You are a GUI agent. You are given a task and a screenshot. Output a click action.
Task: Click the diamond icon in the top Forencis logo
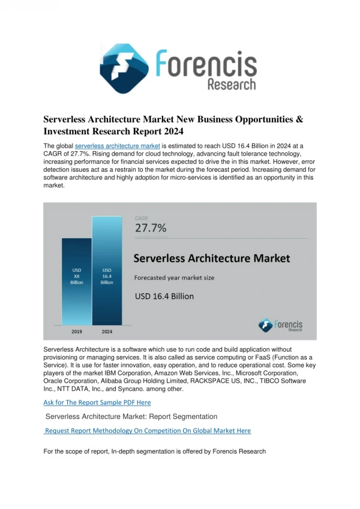coord(124,68)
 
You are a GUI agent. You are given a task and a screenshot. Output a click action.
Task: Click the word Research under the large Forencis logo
coord(232,85)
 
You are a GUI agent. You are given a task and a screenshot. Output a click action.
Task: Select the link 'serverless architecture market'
coord(118,146)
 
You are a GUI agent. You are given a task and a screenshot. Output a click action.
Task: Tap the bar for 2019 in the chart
coord(77,282)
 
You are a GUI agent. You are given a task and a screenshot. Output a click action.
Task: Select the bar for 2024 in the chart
coord(107,271)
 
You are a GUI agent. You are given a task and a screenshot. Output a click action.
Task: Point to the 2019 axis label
coord(77,331)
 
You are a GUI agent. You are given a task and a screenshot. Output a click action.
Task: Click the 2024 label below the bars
coord(107,331)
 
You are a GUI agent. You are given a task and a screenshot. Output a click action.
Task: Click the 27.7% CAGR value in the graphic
coord(151,228)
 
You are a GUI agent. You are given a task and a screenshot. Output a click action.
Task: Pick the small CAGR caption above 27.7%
coord(141,218)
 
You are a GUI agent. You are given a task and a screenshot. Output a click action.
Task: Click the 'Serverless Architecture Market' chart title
coord(212,258)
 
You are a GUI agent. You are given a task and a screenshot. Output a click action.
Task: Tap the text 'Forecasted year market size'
coord(175,278)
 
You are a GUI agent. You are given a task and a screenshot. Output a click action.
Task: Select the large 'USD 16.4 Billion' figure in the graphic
coord(164,296)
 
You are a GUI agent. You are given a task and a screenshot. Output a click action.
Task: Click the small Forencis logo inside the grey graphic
coord(280,325)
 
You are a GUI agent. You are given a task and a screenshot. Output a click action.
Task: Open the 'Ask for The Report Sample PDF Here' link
coord(97,403)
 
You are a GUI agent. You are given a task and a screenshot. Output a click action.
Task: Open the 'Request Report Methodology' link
coord(148,431)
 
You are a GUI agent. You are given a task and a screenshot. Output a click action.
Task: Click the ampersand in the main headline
coord(299,119)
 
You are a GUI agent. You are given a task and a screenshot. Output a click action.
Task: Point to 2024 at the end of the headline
coord(173,131)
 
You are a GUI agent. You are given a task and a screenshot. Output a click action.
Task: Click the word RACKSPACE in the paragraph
coord(211,381)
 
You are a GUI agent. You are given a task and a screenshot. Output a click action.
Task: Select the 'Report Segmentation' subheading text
coord(183,417)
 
